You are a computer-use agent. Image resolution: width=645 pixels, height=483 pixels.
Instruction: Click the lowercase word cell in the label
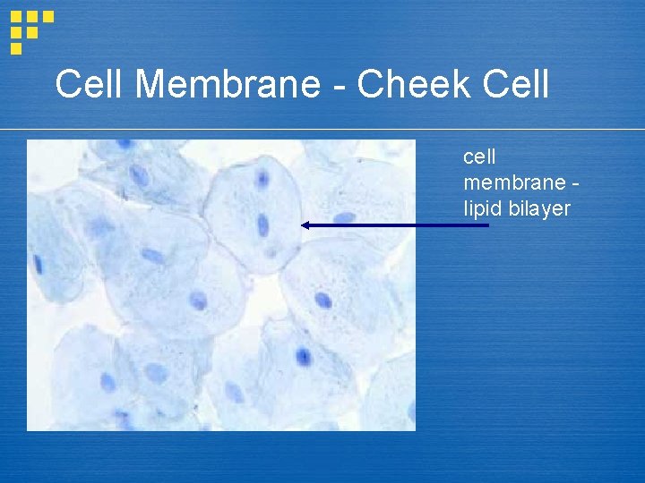tap(479, 157)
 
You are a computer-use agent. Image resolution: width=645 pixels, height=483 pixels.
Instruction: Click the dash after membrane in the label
tap(574, 184)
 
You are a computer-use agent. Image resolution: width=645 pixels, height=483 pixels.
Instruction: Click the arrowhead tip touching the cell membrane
tap(302, 225)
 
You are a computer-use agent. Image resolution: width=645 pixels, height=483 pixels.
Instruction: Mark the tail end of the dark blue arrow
tap(488, 225)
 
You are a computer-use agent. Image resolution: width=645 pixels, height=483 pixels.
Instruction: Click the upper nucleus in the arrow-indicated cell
tap(262, 180)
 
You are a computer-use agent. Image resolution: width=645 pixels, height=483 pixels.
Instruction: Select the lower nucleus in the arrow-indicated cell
tap(263, 225)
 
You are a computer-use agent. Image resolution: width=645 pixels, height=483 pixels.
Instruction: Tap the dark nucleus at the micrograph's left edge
tap(39, 264)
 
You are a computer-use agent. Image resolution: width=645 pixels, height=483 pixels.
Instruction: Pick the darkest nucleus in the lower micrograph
tap(304, 358)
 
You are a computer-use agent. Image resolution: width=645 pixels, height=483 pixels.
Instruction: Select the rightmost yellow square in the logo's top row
tap(48, 16)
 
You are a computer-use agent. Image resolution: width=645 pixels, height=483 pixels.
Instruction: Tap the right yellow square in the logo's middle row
tap(32, 31)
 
